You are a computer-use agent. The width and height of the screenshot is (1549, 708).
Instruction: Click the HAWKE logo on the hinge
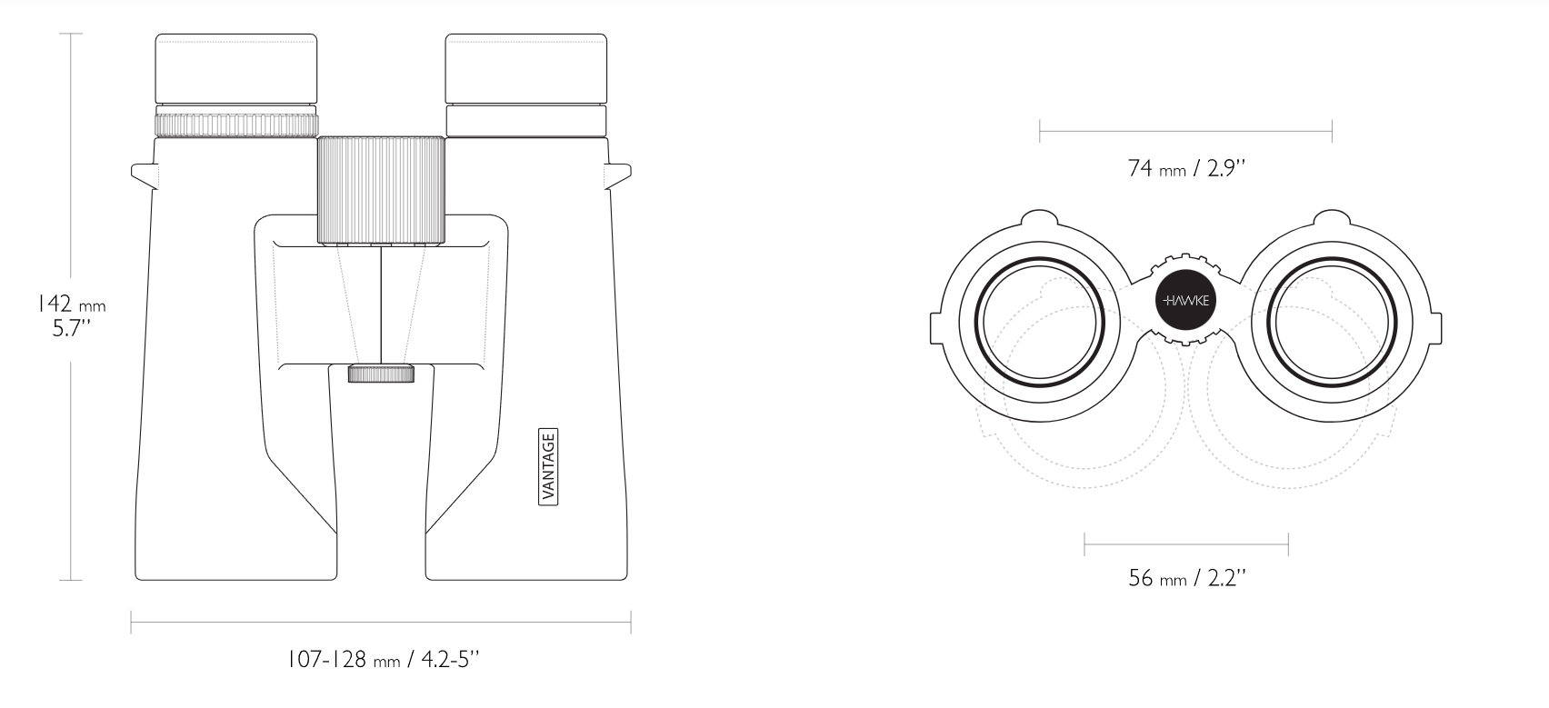click(1185, 300)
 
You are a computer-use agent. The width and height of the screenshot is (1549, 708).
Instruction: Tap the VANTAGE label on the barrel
click(548, 467)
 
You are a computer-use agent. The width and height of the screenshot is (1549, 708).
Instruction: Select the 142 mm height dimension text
click(71, 304)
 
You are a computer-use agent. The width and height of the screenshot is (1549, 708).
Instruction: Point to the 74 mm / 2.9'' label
click(1186, 168)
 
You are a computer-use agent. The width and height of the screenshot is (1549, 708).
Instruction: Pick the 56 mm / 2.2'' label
click(1186, 577)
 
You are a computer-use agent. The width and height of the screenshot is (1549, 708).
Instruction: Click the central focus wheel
click(381, 190)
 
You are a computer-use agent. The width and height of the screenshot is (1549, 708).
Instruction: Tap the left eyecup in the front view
click(236, 68)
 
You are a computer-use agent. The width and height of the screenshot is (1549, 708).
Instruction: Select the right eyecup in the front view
click(526, 68)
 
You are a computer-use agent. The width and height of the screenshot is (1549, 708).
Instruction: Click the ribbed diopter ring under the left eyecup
click(236, 125)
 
